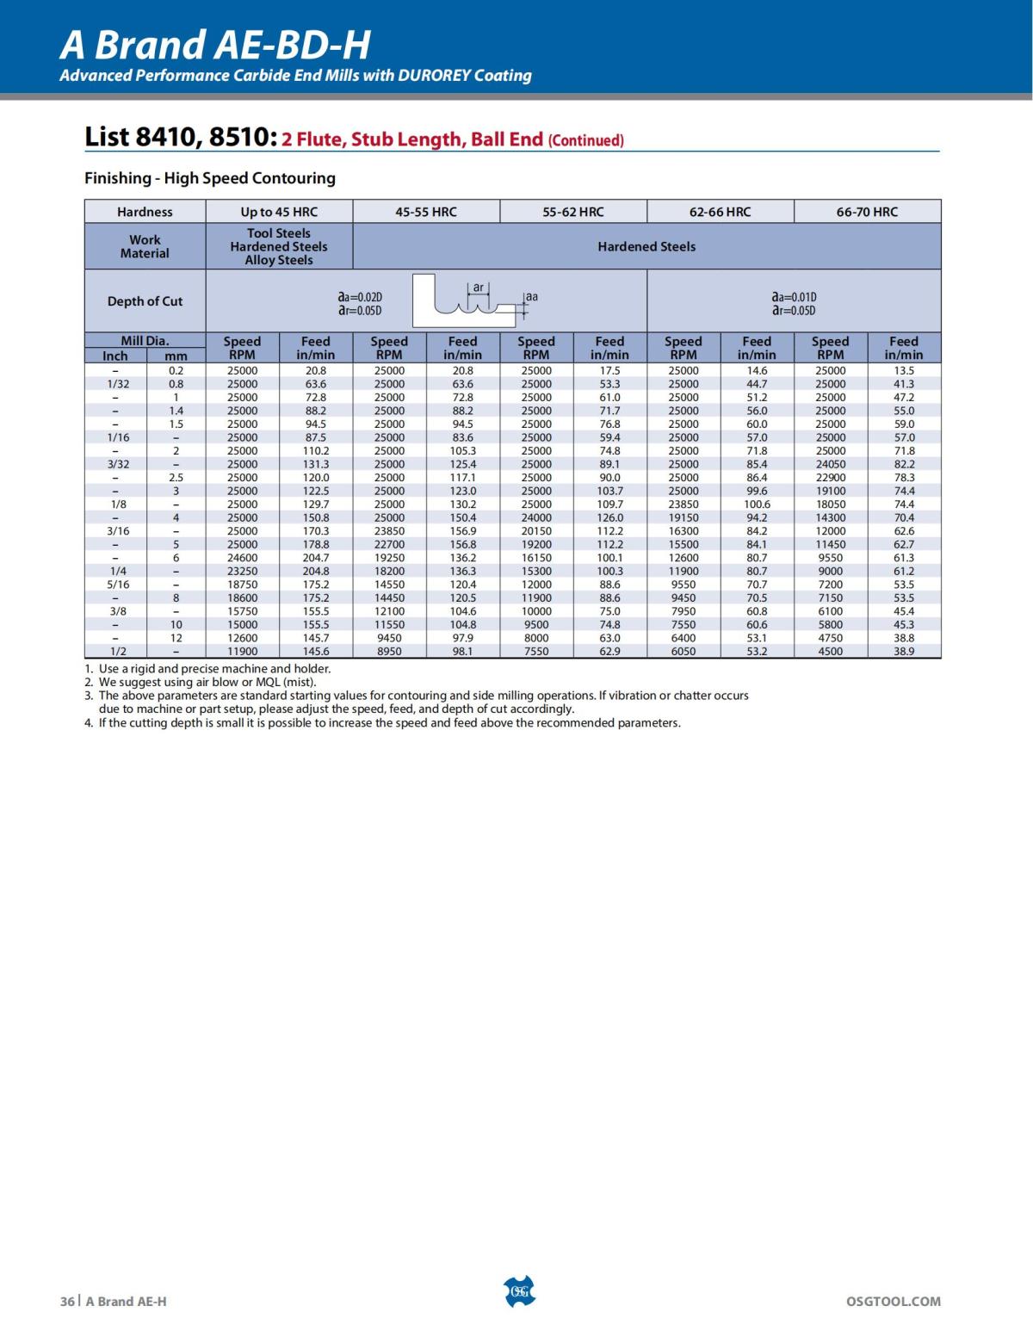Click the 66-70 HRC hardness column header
[x=866, y=212]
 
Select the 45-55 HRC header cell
[x=426, y=212]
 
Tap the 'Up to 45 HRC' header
[x=279, y=212]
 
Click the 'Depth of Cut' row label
[x=145, y=301]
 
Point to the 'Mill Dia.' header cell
[x=145, y=341]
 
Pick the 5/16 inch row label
[x=118, y=585]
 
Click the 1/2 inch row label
[x=118, y=652]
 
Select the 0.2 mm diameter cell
[x=176, y=370]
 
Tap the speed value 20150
[x=536, y=531]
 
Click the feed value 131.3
[x=316, y=464]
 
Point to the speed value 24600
[x=242, y=558]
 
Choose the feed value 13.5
[x=904, y=370]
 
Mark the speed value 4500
[x=831, y=652]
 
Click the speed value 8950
[x=389, y=652]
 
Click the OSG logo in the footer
[x=518, y=1292]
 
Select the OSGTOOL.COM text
[x=894, y=1301]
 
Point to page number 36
[x=67, y=1301]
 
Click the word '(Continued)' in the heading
[x=585, y=140]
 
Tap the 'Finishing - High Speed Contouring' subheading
[x=209, y=178]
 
